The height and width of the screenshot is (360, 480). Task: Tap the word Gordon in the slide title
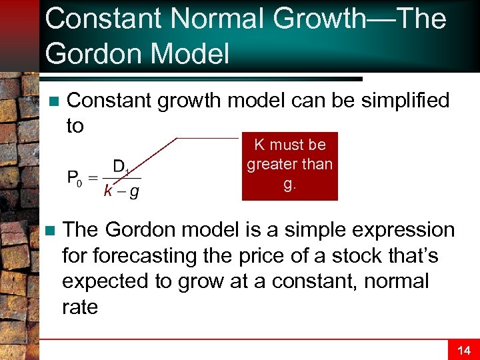93,53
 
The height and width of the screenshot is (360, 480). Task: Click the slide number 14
463,350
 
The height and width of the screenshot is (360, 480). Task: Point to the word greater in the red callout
269,164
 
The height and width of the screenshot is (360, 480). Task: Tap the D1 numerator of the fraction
121,167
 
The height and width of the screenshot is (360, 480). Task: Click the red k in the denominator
108,192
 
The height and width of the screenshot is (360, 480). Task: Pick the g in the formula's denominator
134,193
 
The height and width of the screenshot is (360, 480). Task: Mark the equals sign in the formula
93,178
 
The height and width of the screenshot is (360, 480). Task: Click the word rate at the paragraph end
80,307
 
